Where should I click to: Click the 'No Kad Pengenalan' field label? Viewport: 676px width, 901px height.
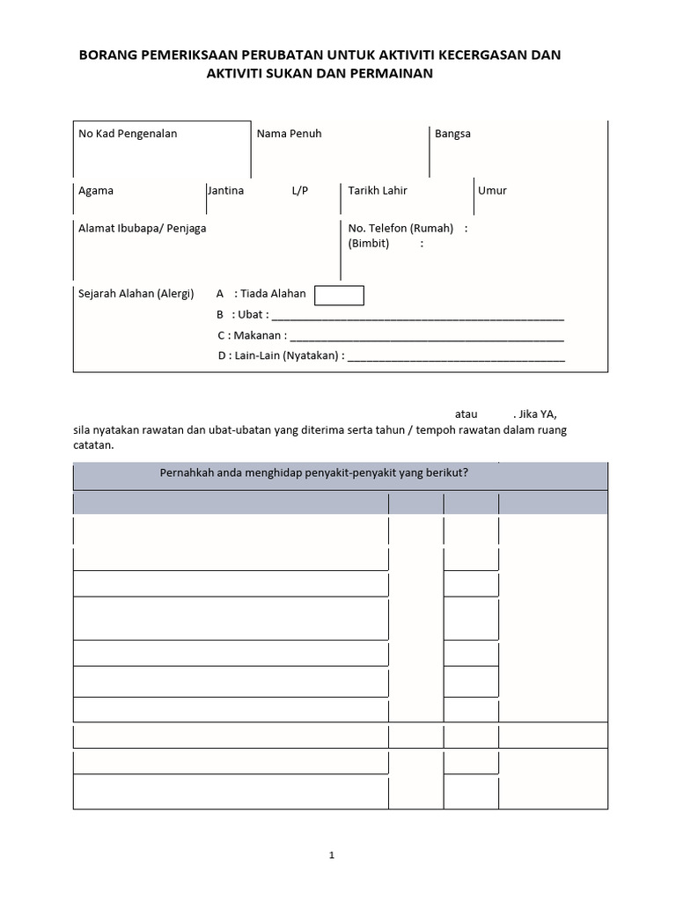point(128,134)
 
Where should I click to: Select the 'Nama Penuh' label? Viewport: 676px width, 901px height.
point(289,134)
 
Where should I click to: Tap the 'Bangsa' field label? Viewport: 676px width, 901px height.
point(452,134)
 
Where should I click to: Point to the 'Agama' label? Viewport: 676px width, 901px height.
point(96,190)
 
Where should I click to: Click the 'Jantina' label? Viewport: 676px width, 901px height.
point(225,190)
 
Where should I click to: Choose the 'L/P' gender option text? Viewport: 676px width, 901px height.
point(300,190)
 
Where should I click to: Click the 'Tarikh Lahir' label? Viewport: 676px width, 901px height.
point(378,190)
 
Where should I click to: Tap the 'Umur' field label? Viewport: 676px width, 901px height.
point(492,190)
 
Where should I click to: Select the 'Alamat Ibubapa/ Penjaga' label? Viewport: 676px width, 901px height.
point(143,228)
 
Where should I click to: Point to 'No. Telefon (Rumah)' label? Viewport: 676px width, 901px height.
point(400,228)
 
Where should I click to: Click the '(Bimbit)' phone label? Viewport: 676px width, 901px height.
point(369,243)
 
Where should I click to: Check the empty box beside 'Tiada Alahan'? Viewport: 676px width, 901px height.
point(339,295)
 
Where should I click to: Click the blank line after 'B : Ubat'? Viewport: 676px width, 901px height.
point(418,316)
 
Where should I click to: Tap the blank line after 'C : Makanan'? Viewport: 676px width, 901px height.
point(426,336)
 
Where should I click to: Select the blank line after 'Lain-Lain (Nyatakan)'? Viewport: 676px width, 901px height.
point(457,357)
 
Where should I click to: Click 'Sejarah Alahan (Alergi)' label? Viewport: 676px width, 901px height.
point(136,294)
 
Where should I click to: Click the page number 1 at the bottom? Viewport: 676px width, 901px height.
point(332,854)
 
